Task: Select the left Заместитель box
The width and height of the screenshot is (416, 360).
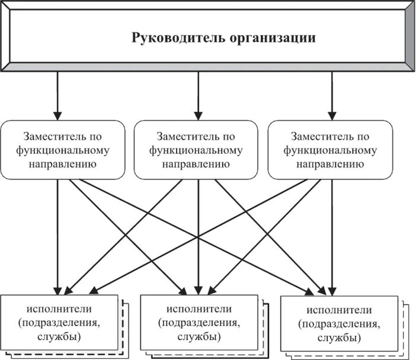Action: (63, 150)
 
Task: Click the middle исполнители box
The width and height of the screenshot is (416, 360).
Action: (199, 324)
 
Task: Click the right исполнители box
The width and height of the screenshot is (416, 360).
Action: (340, 325)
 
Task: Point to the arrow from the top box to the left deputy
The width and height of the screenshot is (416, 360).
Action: (57, 95)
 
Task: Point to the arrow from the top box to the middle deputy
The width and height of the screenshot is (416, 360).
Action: (198, 95)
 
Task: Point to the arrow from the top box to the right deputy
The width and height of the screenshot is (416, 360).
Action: (331, 95)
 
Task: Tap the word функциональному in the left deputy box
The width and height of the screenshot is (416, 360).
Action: (63, 150)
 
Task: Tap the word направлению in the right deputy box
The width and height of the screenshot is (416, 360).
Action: (331, 163)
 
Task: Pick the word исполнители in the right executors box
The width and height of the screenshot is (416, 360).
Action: (340, 310)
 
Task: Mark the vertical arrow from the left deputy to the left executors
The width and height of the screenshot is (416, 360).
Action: (58, 237)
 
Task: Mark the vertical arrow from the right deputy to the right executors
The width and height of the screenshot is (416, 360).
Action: (331, 237)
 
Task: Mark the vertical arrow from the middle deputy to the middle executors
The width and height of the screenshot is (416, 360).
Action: (198, 237)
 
